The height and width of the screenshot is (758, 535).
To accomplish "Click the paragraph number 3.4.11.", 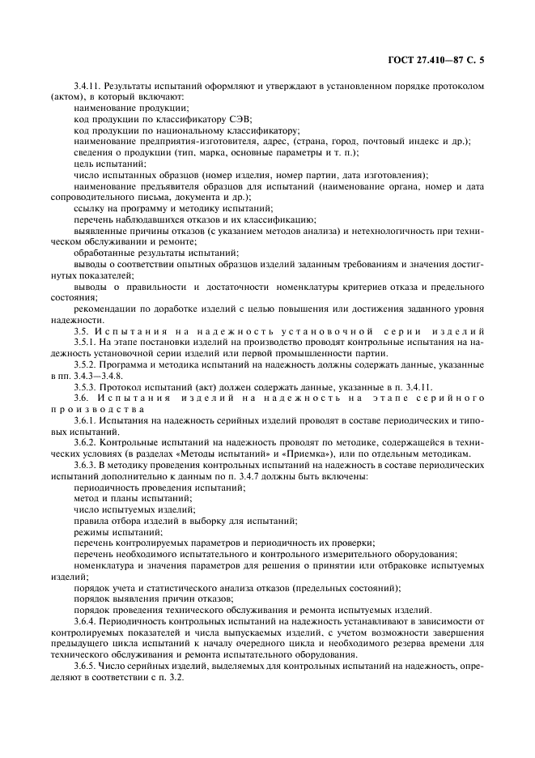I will pos(87,85).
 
